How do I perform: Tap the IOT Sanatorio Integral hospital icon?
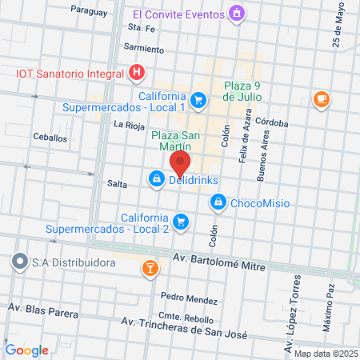pyautogui.click(x=138, y=73)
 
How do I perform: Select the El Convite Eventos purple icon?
pyautogui.click(x=236, y=14)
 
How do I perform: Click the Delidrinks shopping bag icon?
pyautogui.click(x=155, y=181)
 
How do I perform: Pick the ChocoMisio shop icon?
pyautogui.click(x=217, y=203)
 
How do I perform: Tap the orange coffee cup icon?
pyautogui.click(x=322, y=98)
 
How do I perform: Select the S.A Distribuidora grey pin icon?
pyautogui.click(x=19, y=261)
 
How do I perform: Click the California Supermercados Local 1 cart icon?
pyautogui.click(x=198, y=100)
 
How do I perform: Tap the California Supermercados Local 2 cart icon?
pyautogui.click(x=182, y=222)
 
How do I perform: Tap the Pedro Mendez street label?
pyautogui.click(x=189, y=299)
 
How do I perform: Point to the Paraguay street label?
pyautogui.click(x=87, y=10)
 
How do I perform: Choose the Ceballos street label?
pyautogui.click(x=50, y=138)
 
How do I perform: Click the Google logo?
pyautogui.click(x=26, y=350)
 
